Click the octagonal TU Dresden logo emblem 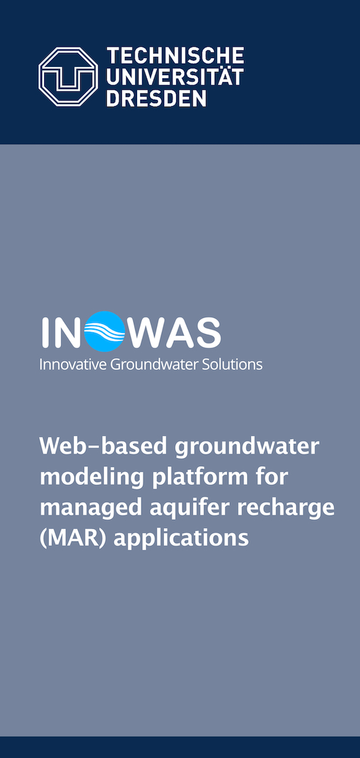pyautogui.click(x=68, y=77)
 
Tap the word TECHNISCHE pyautogui.click(x=176, y=56)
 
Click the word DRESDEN pyautogui.click(x=157, y=99)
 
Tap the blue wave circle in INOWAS pyautogui.click(x=105, y=331)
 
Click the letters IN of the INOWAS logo pyautogui.click(x=61, y=333)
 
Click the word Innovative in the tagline pyautogui.click(x=73, y=364)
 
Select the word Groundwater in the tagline pyautogui.click(x=154, y=364)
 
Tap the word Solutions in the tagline pyautogui.click(x=232, y=364)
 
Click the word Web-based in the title pyautogui.click(x=103, y=446)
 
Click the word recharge pyautogui.click(x=286, y=508)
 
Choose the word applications pyautogui.click(x=181, y=539)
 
